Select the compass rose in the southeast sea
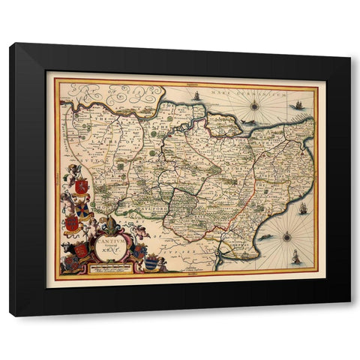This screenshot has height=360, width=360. tap(287, 237)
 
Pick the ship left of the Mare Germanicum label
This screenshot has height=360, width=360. tap(196, 96)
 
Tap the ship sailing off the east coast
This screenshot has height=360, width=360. tap(302, 209)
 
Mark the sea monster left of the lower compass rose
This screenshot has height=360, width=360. tap(267, 238)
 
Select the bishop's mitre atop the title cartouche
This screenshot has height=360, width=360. tap(111, 223)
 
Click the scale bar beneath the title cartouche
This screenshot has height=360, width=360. tap(112, 268)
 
